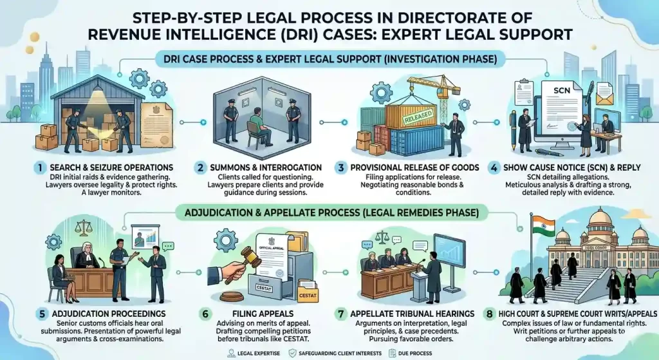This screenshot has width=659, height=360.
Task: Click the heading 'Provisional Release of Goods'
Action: pos(414,167)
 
